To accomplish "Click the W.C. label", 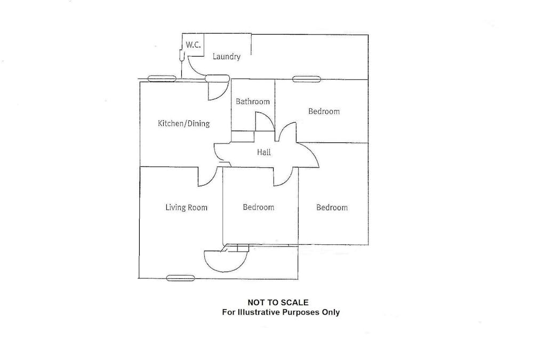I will [193, 45].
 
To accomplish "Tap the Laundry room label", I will [227, 57].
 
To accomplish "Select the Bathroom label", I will [253, 101].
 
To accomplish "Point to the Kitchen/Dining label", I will [183, 124].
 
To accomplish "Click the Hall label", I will [264, 153].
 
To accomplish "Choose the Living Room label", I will [186, 207].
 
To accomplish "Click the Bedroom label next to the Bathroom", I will [324, 111].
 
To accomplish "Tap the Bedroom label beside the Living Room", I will [258, 207].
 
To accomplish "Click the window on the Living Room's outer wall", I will [180, 278].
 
